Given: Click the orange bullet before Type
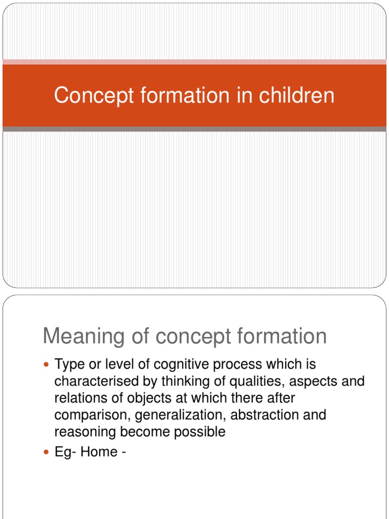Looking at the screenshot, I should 47,364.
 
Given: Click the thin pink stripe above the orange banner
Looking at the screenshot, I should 194,62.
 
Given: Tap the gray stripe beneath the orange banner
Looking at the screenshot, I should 194,129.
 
